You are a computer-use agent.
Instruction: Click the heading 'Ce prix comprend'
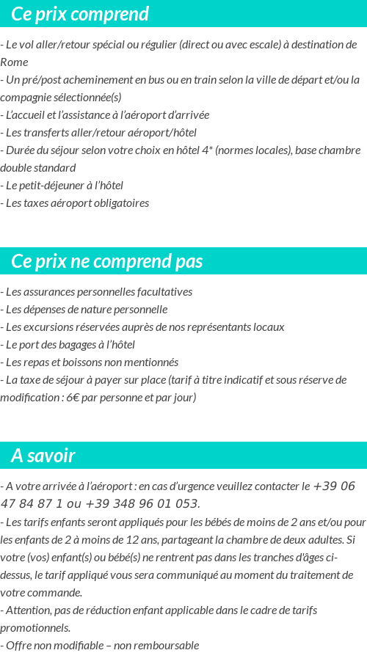[80, 14]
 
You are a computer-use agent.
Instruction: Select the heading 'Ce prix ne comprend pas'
[106, 262]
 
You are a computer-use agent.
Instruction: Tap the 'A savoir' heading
[43, 456]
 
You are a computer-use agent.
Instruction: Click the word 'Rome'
[14, 62]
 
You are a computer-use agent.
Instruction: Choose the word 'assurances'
[45, 291]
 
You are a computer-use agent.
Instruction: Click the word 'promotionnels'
[35, 627]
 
